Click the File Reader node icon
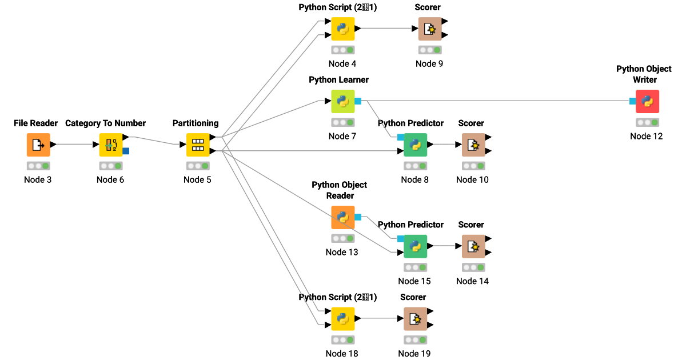click(x=38, y=145)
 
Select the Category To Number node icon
click(x=111, y=145)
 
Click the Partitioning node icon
click(x=198, y=145)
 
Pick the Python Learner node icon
click(x=343, y=101)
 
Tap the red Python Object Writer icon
click(x=647, y=101)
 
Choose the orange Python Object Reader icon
click(x=343, y=217)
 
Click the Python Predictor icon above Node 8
click(x=415, y=145)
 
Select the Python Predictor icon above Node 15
click(x=415, y=246)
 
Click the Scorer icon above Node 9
click(x=430, y=29)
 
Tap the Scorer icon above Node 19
click(x=415, y=319)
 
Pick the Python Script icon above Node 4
click(x=343, y=29)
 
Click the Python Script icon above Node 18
click(x=343, y=319)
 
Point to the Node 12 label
click(x=647, y=136)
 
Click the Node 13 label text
click(x=342, y=252)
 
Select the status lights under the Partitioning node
click(x=198, y=166)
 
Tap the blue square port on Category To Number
click(x=126, y=151)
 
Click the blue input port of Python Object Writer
click(x=632, y=101)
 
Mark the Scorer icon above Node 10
click(x=473, y=145)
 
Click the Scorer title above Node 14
click(x=471, y=225)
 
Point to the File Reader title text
click(x=36, y=123)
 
